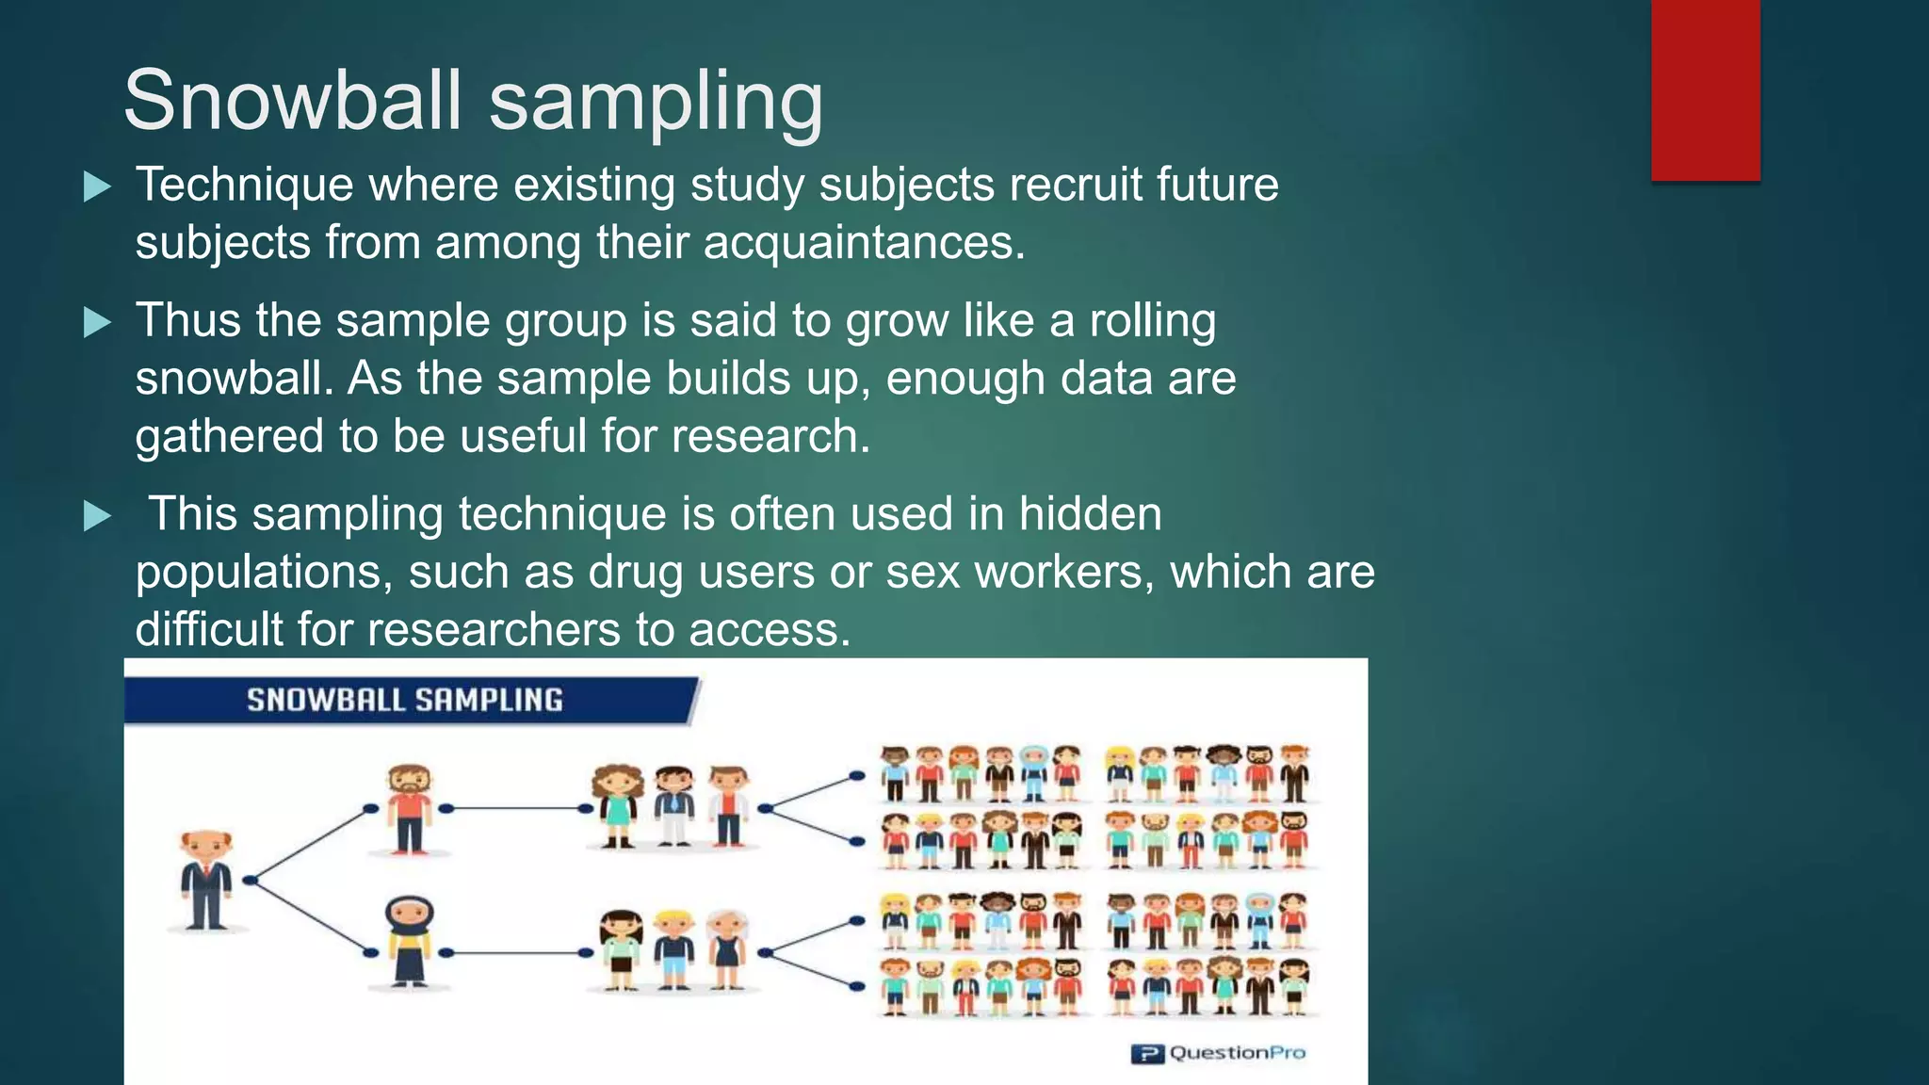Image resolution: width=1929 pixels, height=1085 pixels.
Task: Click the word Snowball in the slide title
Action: tap(293, 101)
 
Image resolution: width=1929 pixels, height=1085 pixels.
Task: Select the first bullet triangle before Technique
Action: tap(97, 186)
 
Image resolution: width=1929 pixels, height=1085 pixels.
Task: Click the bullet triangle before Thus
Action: tap(97, 323)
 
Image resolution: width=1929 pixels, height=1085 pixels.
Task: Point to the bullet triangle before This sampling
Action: tap(97, 516)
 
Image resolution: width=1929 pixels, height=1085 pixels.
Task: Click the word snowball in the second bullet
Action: tap(234, 379)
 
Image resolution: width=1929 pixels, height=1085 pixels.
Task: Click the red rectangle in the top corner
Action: tap(1705, 89)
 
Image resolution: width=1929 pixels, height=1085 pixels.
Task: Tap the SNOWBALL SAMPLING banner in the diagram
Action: tap(405, 700)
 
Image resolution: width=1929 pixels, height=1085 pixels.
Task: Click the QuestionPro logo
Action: tap(1218, 1053)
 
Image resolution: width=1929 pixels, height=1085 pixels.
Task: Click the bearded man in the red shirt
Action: tap(410, 808)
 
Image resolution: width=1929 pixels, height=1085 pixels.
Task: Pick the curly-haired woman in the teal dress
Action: tap(617, 806)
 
